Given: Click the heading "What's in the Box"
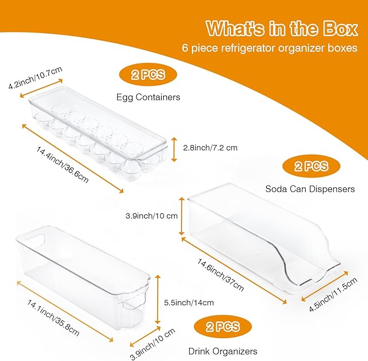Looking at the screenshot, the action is point(282,28).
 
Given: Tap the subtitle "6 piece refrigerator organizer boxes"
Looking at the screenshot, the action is point(270,48).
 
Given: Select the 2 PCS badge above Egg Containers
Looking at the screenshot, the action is point(148,75).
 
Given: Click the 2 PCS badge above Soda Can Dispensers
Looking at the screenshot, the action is point(311,166).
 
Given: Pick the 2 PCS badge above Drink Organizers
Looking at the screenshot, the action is point(223,326).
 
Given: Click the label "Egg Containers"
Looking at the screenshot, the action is point(149,97).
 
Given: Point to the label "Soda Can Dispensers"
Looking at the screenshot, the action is point(310,189).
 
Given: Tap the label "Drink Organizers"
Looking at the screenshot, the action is point(223,351).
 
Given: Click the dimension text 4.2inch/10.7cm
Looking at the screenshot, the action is point(35,77).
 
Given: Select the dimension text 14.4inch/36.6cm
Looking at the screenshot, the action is point(62,165).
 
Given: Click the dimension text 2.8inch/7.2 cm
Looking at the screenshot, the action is point(210,148).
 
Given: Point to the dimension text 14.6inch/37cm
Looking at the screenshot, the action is point(220,275).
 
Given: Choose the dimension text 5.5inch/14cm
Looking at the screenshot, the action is point(189,302).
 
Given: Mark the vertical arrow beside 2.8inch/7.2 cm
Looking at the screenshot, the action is point(174,149).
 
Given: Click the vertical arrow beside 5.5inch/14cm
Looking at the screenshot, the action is point(158,299).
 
